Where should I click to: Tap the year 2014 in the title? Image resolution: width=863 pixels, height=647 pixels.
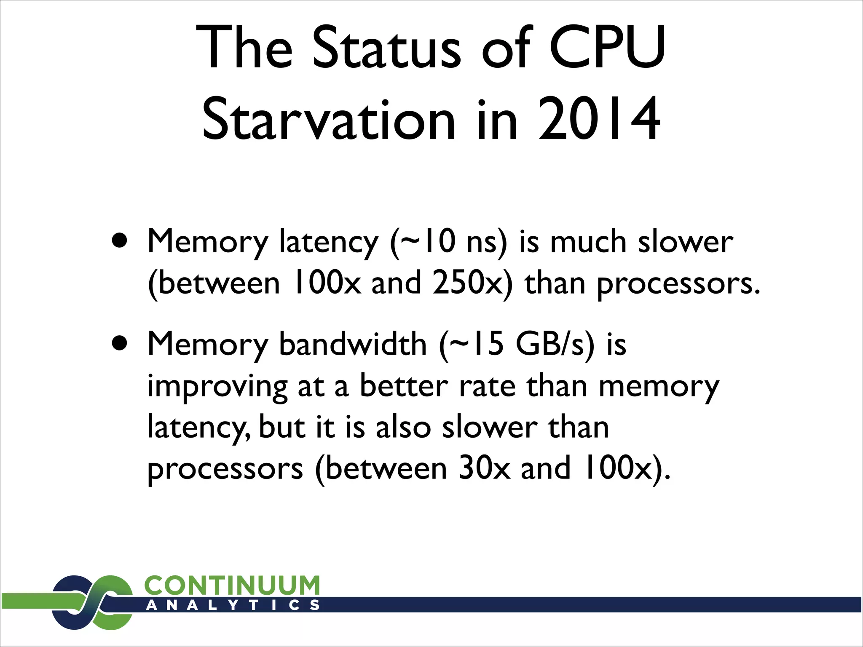pyautogui.click(x=598, y=120)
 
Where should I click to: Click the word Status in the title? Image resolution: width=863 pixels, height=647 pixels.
pyautogui.click(x=387, y=47)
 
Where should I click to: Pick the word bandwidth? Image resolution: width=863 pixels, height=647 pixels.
pyautogui.click(x=353, y=344)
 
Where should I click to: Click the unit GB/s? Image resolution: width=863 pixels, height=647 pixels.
pyautogui.click(x=549, y=344)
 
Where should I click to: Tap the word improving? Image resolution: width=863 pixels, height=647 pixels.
pyautogui.click(x=217, y=387)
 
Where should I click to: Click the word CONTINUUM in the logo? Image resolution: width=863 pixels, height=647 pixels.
pyautogui.click(x=232, y=586)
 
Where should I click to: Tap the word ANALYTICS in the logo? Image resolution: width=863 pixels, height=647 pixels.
pyautogui.click(x=232, y=605)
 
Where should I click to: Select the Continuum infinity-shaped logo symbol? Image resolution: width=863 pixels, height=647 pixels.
pyautogui.click(x=92, y=602)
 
